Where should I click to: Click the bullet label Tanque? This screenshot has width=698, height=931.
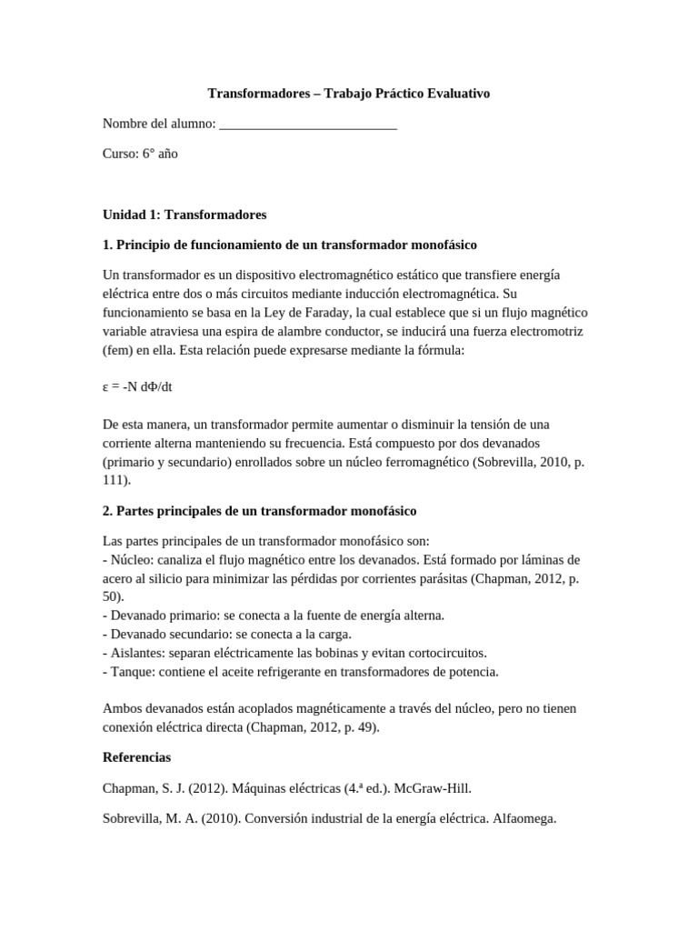133,672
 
